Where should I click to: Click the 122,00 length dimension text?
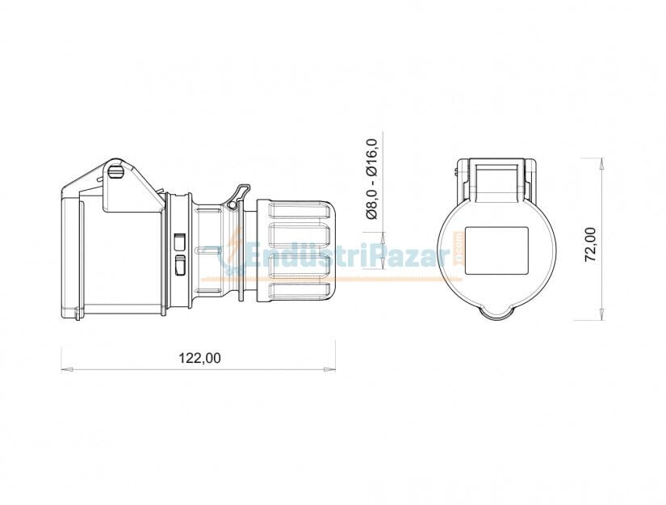(199, 358)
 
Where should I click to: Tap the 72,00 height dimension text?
(590, 244)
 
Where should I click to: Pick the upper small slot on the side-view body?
(179, 241)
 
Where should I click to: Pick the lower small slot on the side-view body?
(179, 264)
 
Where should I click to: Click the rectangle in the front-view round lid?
(497, 250)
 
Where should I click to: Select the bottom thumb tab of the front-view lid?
(496, 312)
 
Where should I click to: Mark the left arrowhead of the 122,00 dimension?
(66, 369)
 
